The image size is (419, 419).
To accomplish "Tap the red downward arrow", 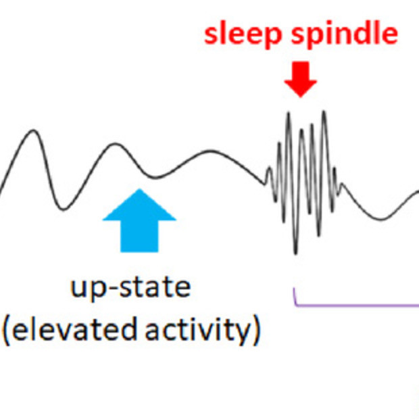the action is pos(301,79).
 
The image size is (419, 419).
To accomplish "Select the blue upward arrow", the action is pos(139,220).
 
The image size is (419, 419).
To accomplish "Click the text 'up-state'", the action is pos(130,288).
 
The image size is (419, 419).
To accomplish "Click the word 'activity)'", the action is pos(203,331).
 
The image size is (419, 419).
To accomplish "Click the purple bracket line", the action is pos(355,304).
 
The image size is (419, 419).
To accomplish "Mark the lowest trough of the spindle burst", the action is pos(295,253).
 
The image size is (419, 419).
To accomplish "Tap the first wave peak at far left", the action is pos(33,130).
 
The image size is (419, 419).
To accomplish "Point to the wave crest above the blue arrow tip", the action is pos(115,144).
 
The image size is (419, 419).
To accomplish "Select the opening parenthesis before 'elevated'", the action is pos(6,331).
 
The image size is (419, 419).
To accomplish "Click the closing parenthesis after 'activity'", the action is pos(257,331).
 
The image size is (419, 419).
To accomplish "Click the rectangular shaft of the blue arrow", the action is pos(139,237).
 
